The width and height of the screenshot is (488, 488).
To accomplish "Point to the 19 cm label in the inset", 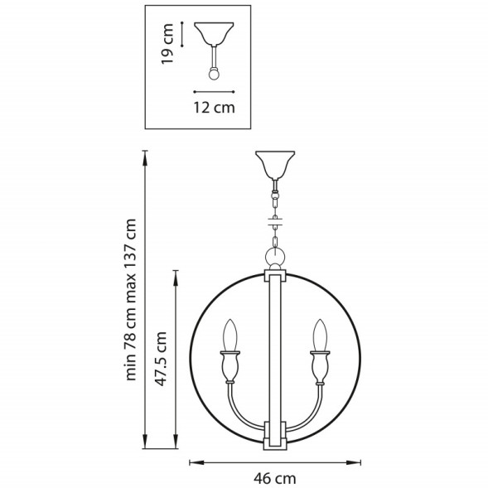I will (168, 45).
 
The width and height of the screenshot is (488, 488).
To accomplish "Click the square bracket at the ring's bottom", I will (274, 434).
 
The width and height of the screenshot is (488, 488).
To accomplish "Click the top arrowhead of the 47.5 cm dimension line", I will (176, 272).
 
